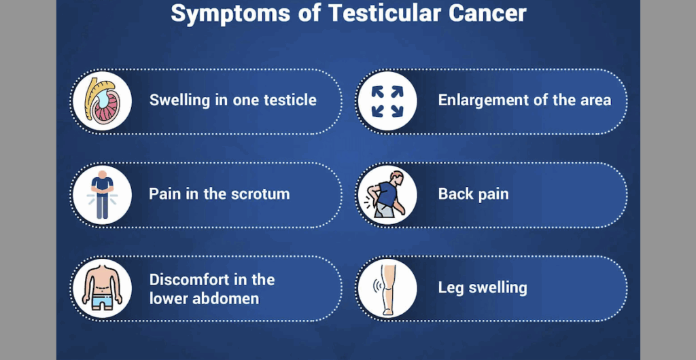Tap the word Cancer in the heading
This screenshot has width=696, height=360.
point(487,14)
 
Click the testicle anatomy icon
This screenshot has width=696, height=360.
point(102,101)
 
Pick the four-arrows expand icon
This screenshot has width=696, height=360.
point(387,101)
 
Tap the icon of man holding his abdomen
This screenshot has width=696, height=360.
point(102,195)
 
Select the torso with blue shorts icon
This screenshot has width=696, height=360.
point(102,288)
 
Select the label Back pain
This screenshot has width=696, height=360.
point(473,194)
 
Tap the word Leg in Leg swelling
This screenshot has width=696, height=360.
point(451,288)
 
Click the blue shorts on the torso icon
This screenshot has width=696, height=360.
point(102,303)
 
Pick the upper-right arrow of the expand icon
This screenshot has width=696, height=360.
point(396,92)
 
